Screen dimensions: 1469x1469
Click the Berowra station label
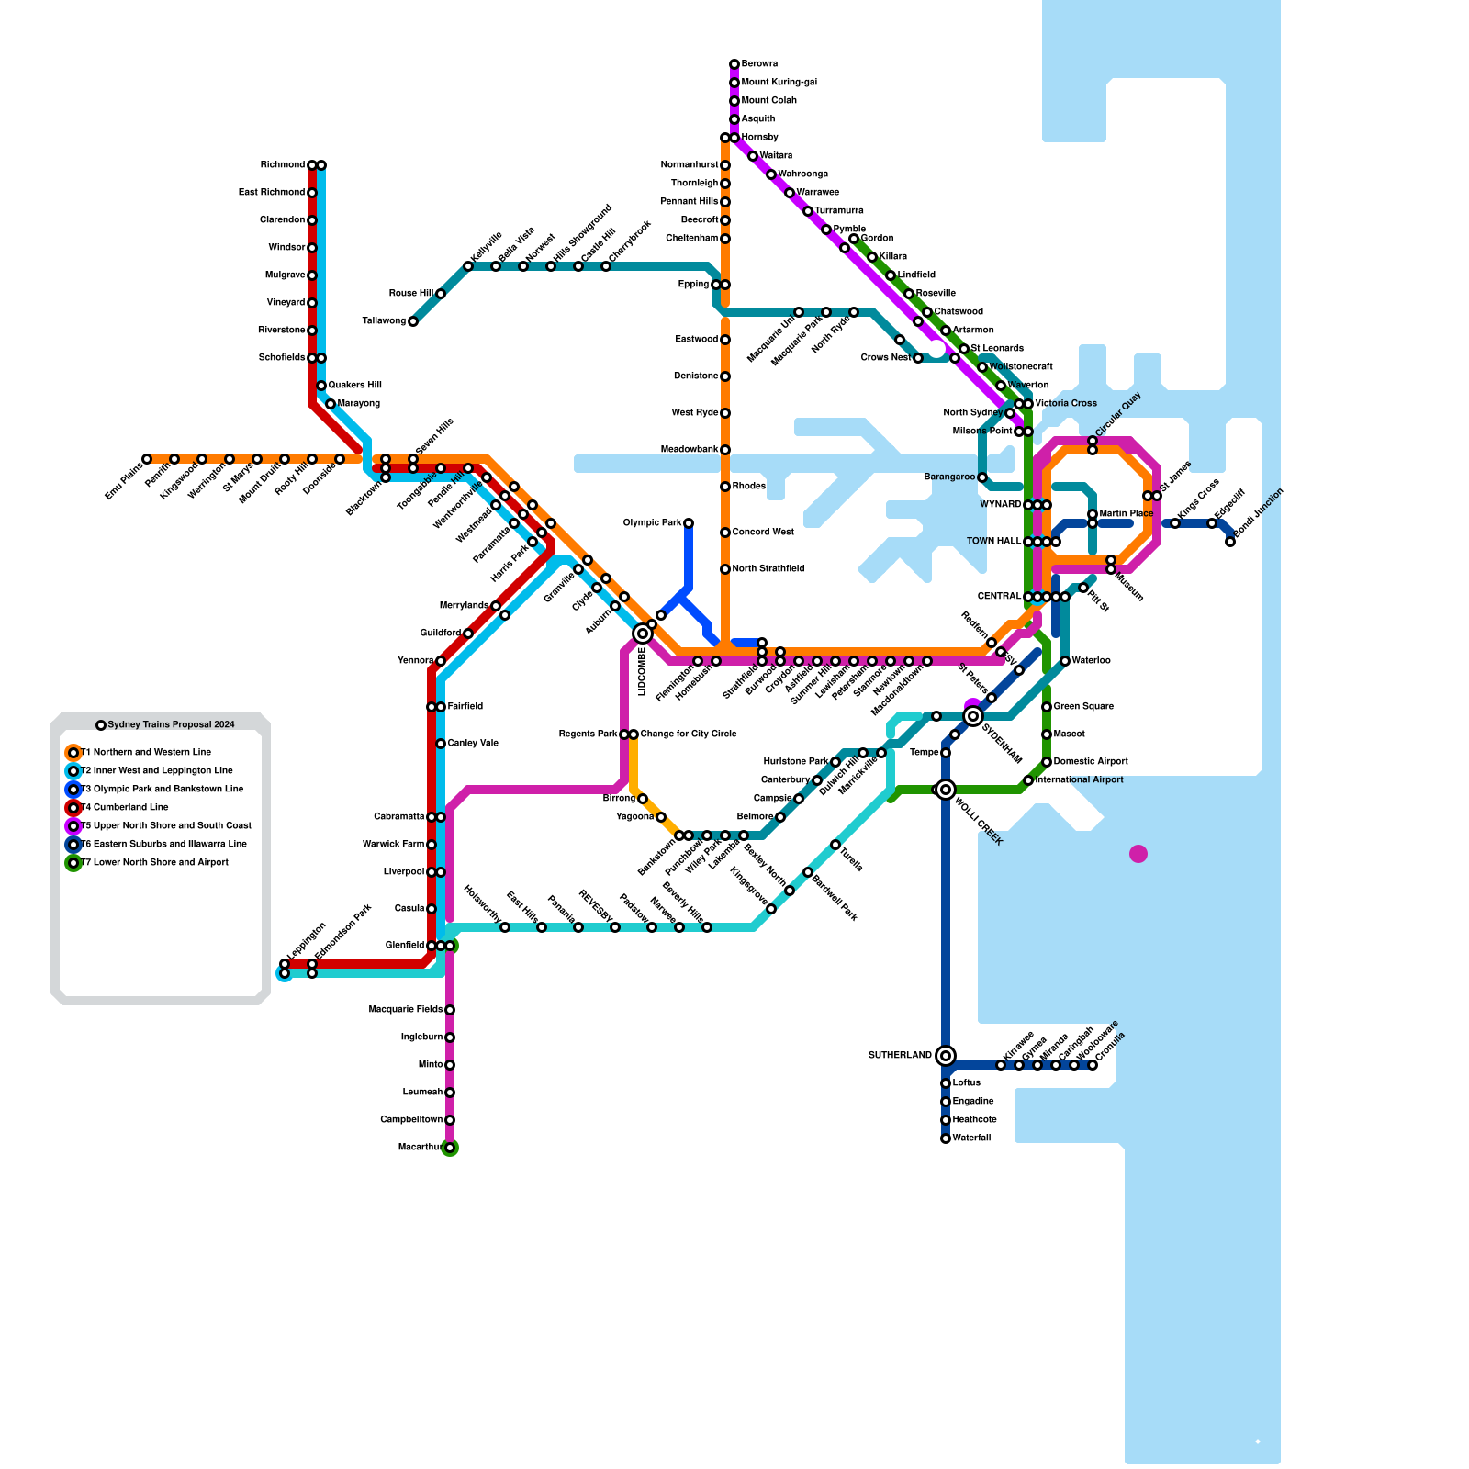click(x=759, y=64)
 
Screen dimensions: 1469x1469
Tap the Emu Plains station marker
click(x=147, y=459)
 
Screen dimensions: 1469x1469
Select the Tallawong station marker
click(x=413, y=321)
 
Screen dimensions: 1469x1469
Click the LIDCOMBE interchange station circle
click(x=643, y=634)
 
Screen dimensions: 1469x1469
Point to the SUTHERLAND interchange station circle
click(x=946, y=1056)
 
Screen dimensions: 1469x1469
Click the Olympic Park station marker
click(x=689, y=523)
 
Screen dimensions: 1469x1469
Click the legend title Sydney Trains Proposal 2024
click(x=171, y=725)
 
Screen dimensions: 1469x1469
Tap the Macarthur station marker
click(x=450, y=1148)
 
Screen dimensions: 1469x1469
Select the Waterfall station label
click(x=971, y=1138)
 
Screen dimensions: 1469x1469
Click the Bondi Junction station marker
click(x=1230, y=542)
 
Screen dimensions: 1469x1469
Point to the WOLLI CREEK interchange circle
click(x=946, y=790)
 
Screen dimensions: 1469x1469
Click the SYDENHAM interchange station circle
click(x=973, y=716)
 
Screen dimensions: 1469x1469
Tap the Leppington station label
click(x=307, y=942)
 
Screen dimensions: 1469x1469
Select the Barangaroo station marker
click(x=982, y=477)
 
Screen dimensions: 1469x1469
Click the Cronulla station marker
click(x=1093, y=1065)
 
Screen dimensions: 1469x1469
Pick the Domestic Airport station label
click(x=1091, y=762)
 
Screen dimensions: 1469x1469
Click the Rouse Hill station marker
click(x=441, y=294)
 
